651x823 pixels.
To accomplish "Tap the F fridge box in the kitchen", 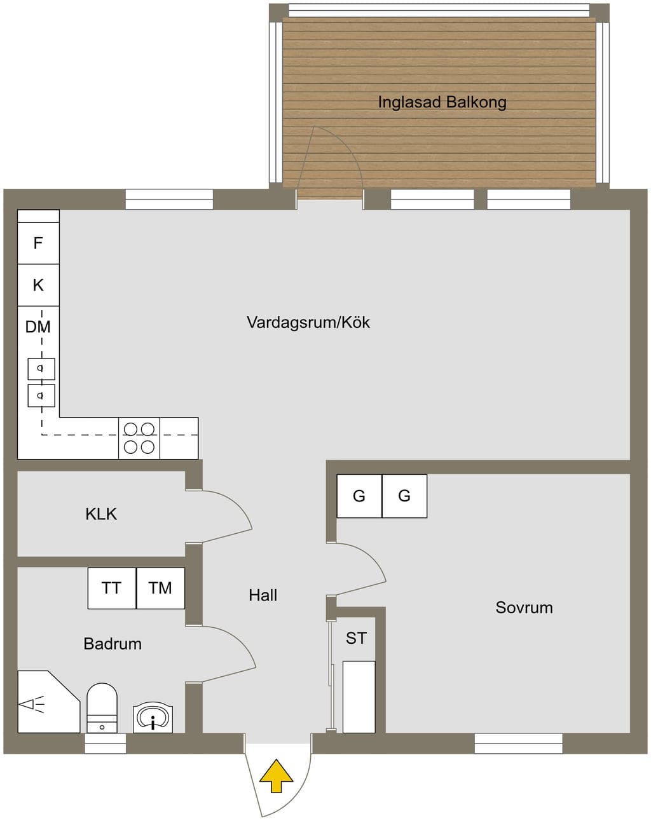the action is tap(38, 243).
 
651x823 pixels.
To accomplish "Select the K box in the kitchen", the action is tap(38, 285).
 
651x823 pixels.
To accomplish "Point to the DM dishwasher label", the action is tap(38, 327).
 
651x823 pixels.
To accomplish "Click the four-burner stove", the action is tap(139, 438).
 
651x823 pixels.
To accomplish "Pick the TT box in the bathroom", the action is tap(112, 588).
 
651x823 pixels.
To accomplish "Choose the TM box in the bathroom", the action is tap(161, 588).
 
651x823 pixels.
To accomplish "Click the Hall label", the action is tap(263, 595).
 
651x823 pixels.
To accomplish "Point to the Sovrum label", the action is tap(524, 608).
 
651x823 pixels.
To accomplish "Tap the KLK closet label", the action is tap(101, 514).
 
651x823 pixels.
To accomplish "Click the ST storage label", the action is tap(356, 638).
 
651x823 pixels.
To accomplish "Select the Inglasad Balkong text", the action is tap(442, 102).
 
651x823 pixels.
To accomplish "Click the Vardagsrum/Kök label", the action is tap(308, 322).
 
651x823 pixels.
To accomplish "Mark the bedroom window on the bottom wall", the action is tap(519, 743).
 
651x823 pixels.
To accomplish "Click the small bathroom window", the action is tap(106, 743).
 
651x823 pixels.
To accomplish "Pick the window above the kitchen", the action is tap(169, 200).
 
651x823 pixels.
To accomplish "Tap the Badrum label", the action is tap(113, 644).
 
